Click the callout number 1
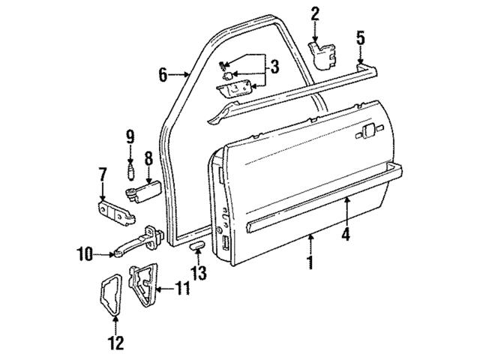(310, 265)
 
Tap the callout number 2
(315, 12)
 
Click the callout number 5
(360, 36)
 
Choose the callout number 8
(148, 158)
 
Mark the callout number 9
(129, 137)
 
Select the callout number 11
(183, 286)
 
